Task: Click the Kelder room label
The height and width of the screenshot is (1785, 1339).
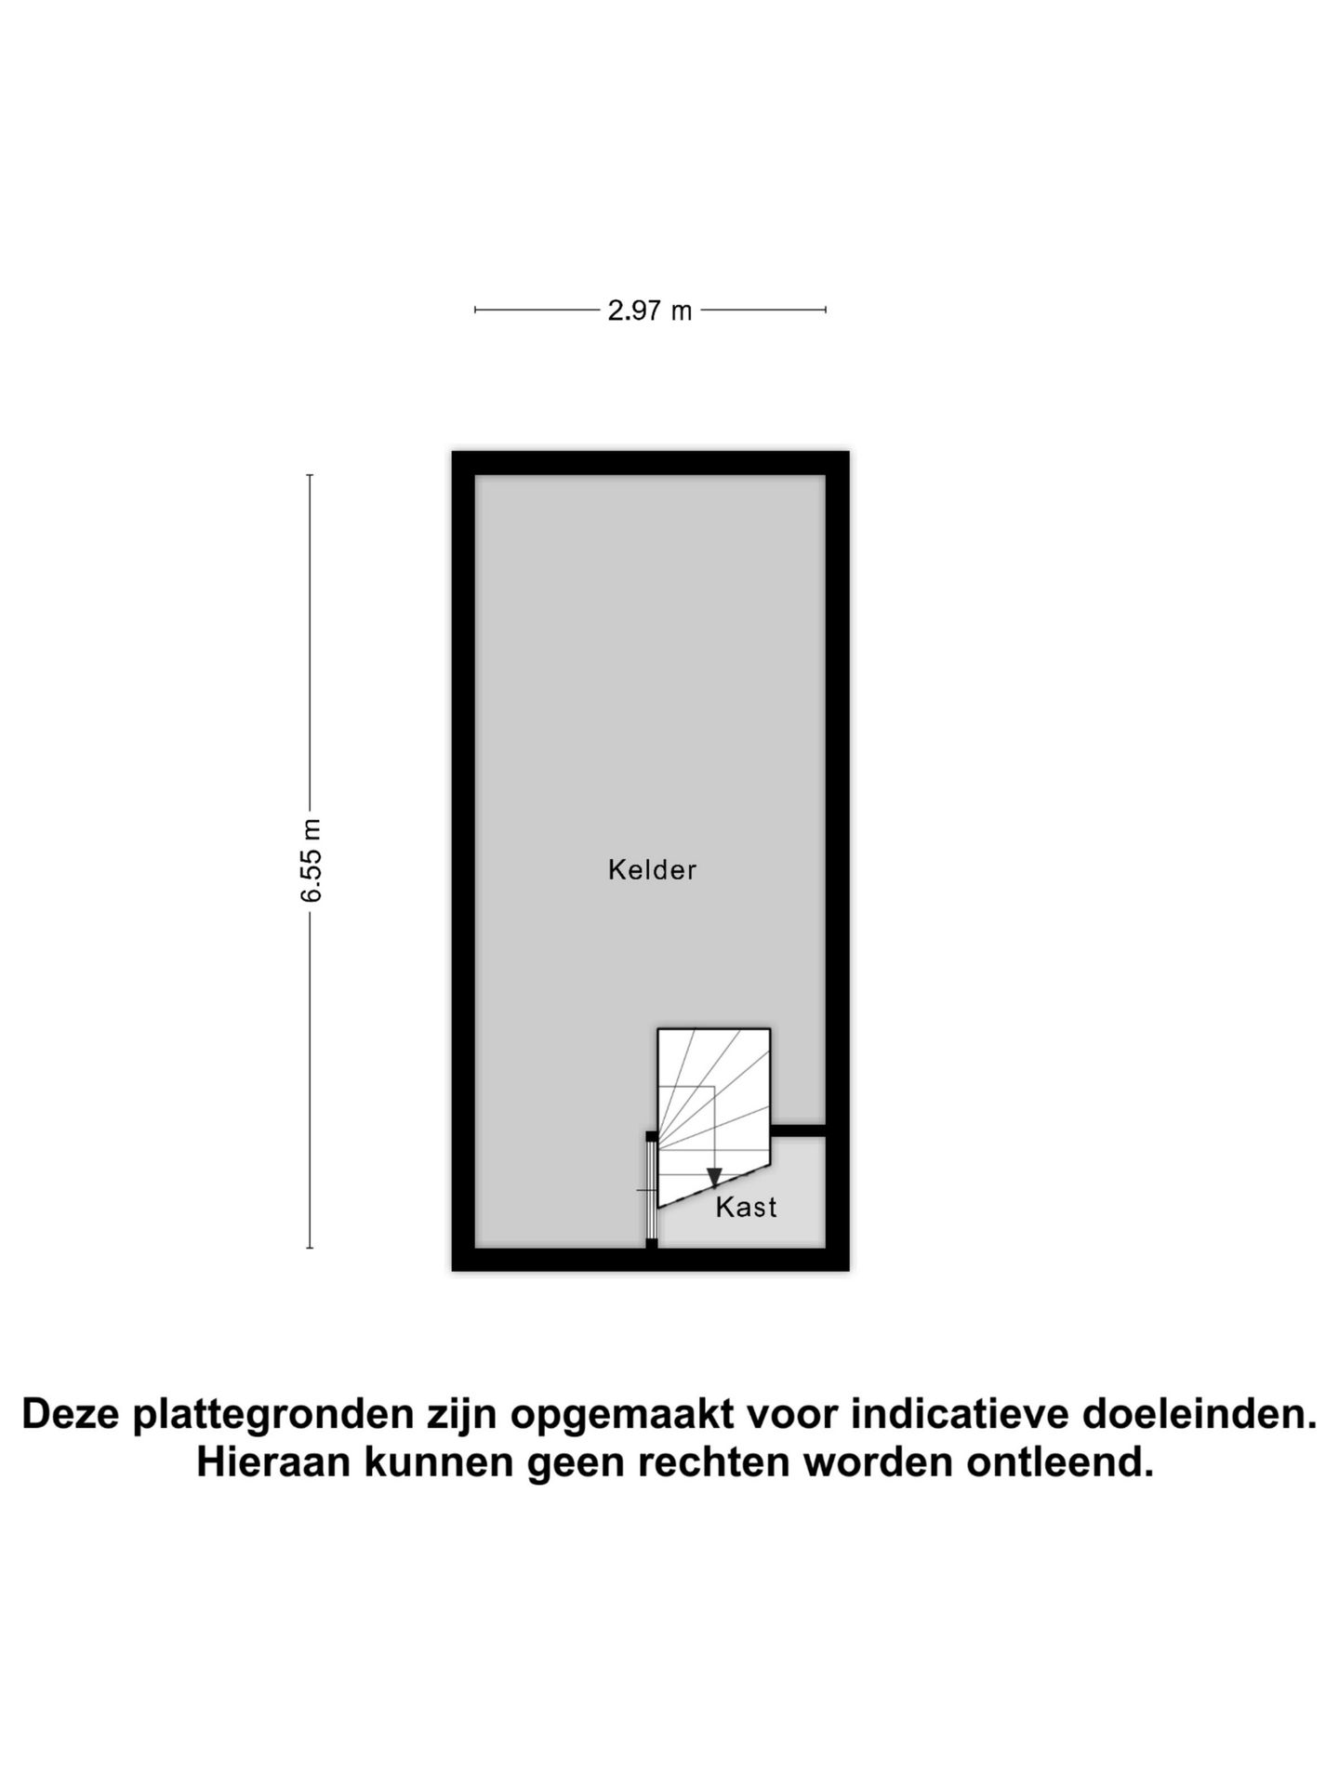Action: click(x=652, y=870)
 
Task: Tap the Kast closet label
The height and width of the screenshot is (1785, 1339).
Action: click(x=746, y=1207)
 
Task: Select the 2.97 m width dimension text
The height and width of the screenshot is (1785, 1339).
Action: click(x=650, y=311)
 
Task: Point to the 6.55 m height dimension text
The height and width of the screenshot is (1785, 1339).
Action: click(x=311, y=861)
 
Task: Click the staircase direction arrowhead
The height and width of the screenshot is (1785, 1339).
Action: click(x=714, y=1178)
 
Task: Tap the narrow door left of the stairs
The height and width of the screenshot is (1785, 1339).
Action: click(x=651, y=1189)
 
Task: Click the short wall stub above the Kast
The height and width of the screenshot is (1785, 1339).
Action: click(x=798, y=1130)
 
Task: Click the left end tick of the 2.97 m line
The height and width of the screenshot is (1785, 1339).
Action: click(x=475, y=310)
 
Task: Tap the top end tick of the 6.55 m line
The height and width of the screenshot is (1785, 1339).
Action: click(x=310, y=475)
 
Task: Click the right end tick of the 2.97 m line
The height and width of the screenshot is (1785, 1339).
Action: click(x=826, y=310)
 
